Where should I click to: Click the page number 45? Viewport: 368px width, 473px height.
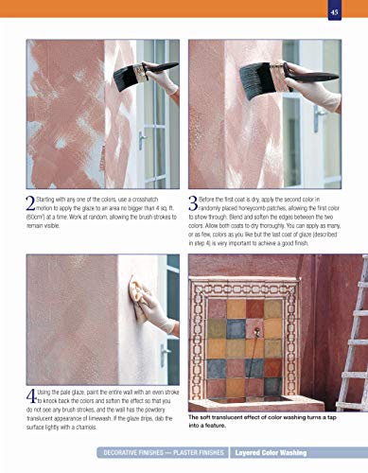click(334, 11)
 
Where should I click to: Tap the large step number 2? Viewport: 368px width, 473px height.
click(28, 202)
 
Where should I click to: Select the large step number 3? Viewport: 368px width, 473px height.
click(193, 202)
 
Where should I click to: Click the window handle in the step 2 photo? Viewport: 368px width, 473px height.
click(141, 141)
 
